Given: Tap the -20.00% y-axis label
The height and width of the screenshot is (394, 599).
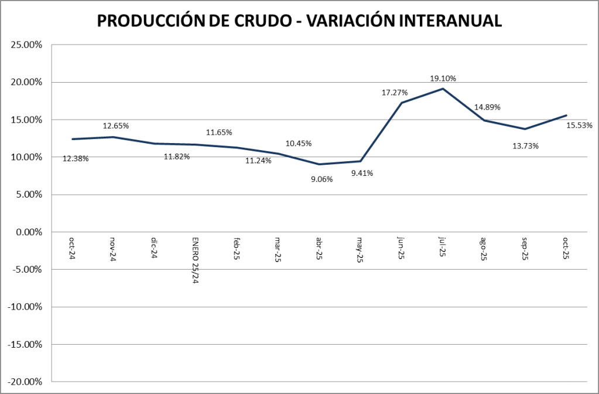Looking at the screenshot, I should [x=25, y=382].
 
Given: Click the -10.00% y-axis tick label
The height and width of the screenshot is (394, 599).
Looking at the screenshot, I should [x=25, y=307].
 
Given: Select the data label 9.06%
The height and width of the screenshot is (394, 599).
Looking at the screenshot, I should [x=321, y=179].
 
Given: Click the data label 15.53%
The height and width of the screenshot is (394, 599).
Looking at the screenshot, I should [x=579, y=125].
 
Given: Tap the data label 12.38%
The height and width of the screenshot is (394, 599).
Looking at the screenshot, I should [x=76, y=158].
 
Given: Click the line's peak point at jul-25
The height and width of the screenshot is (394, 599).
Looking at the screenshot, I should [x=443, y=89].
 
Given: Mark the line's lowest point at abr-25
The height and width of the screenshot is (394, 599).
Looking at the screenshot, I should [x=319, y=164].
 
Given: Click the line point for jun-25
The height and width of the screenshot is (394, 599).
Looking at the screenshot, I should [x=402, y=103].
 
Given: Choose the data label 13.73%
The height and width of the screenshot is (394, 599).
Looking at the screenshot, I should [x=525, y=146].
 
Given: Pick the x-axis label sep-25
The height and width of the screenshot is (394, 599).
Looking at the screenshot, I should [x=525, y=249].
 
